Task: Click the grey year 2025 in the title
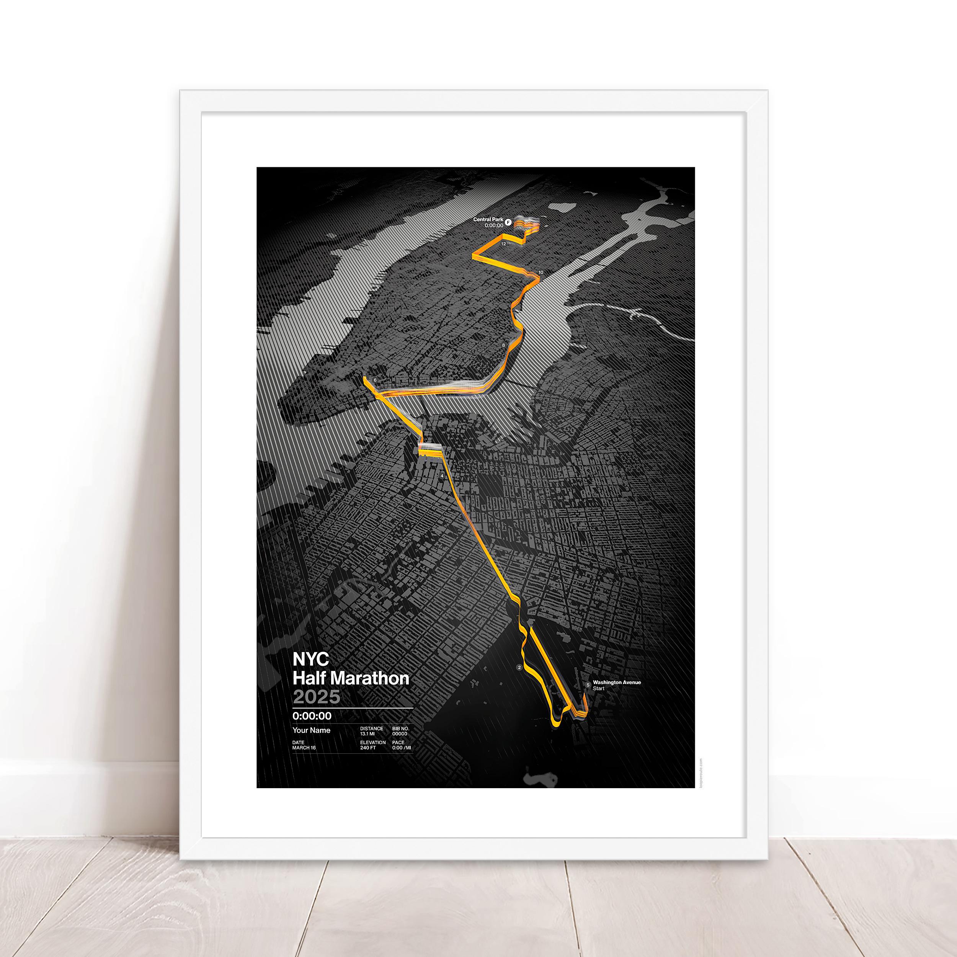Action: [x=317, y=697]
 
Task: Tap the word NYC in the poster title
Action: [x=310, y=659]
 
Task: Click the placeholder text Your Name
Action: [x=311, y=730]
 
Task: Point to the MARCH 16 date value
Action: [x=304, y=748]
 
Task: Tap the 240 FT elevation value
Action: [x=368, y=748]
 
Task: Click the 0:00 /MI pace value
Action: [x=401, y=748]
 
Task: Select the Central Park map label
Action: [x=488, y=219]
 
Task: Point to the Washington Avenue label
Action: [x=617, y=682]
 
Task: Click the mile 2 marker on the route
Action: [x=519, y=668]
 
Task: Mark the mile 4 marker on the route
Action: [x=441, y=476]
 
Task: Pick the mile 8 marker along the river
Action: [x=503, y=345]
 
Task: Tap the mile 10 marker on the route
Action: [x=541, y=273]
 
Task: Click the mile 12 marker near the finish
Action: [x=503, y=244]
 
